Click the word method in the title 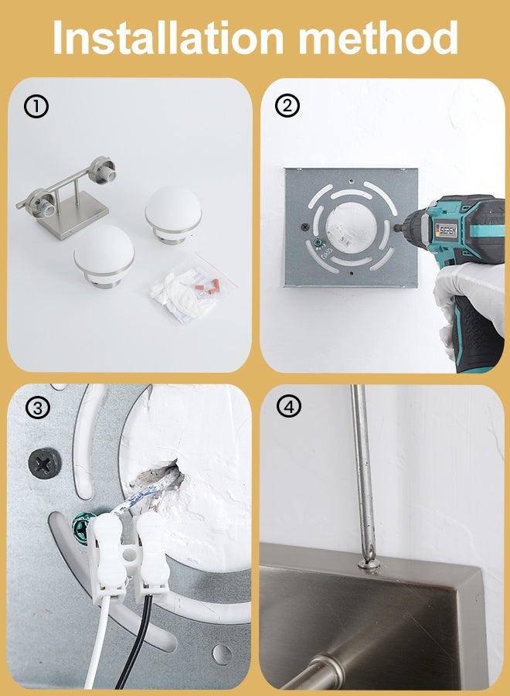coord(379,37)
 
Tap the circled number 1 coord(36,107)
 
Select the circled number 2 coord(287,106)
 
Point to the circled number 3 coord(38,408)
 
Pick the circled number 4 coord(289,406)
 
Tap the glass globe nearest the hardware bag coord(173,215)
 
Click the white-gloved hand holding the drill coord(470,298)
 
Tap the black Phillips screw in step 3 coord(45,464)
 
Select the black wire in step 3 coord(138,640)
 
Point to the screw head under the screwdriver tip coord(369,565)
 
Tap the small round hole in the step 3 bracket coord(222,655)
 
